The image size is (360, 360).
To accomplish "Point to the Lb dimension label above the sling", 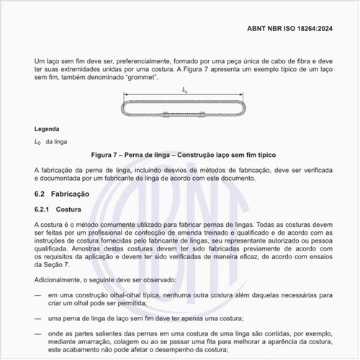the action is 185,90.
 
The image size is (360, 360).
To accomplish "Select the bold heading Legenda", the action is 48,129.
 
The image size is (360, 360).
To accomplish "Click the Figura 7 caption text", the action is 179,155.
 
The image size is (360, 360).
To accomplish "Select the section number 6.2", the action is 40,194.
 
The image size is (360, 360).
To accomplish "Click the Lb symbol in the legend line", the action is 37,142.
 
